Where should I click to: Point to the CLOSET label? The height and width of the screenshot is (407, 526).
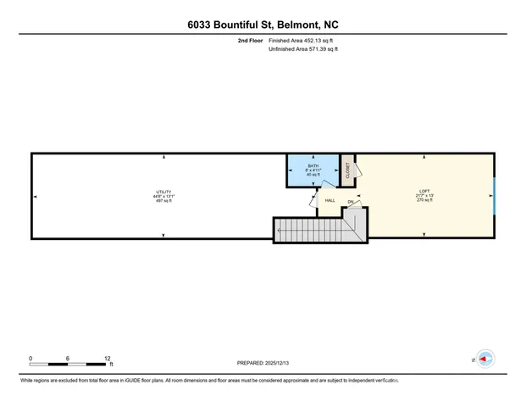pos(346,169)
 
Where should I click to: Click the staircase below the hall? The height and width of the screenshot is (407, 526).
pos(322,227)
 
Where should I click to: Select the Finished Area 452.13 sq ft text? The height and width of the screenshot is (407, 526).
pos(302,41)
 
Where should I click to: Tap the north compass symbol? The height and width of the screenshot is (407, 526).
pos(485,360)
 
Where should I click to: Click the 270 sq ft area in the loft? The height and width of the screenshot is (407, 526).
pos(424,201)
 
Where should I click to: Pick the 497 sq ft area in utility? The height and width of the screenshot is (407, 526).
pos(163,201)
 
